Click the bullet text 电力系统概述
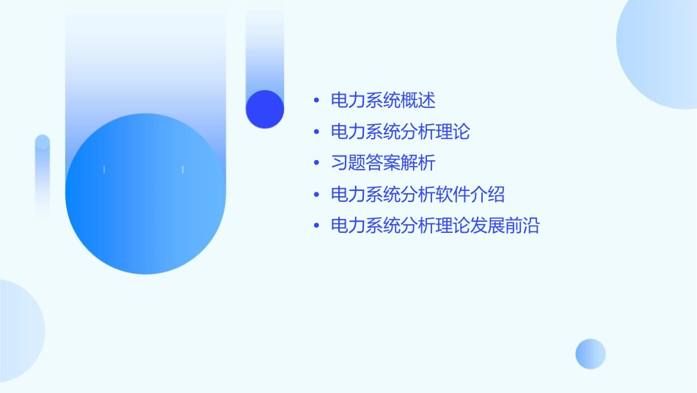pyautogui.click(x=383, y=100)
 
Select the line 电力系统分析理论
pyautogui.click(x=400, y=131)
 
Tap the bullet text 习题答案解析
pyautogui.click(x=383, y=163)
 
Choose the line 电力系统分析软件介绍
pyautogui.click(x=417, y=195)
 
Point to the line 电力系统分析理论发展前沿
pyautogui.click(x=435, y=226)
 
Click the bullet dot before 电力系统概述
pyautogui.click(x=316, y=101)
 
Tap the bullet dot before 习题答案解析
pyautogui.click(x=316, y=164)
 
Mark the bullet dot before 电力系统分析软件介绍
pyautogui.click(x=316, y=195)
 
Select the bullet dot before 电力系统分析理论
pyautogui.click(x=316, y=132)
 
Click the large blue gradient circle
pyautogui.click(x=145, y=194)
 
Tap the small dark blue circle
pyautogui.click(x=265, y=109)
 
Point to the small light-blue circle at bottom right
pyautogui.click(x=591, y=354)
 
